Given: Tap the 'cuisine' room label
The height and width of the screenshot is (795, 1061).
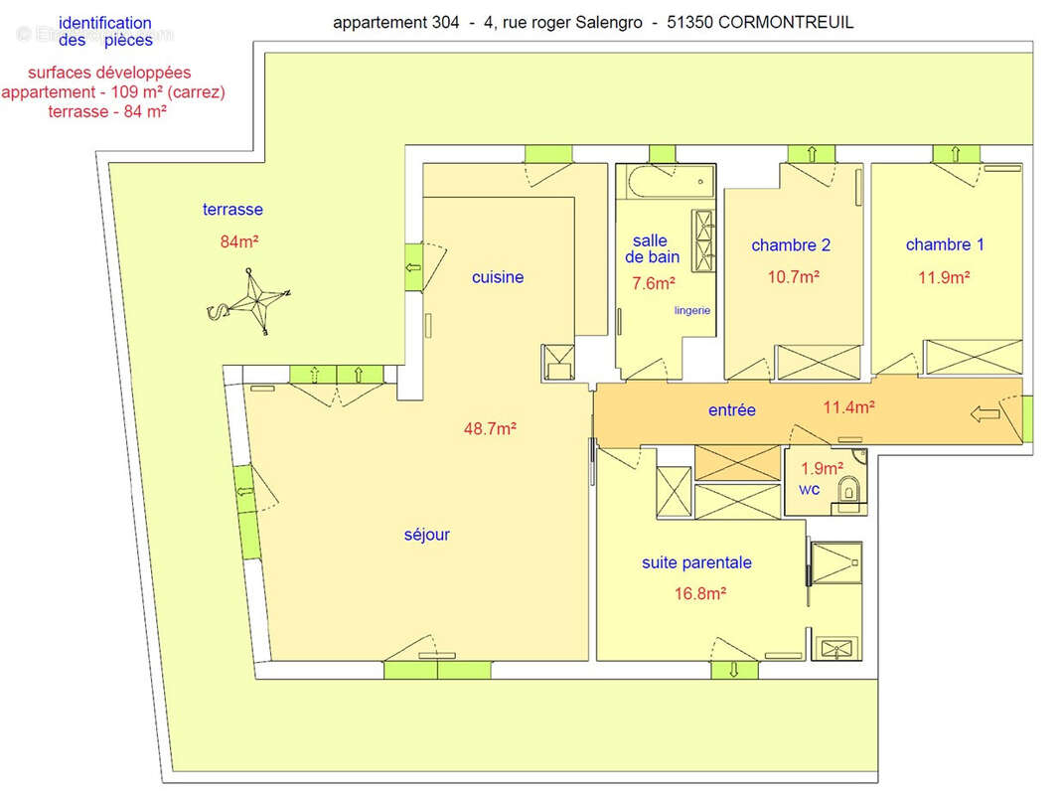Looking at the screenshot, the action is [x=498, y=276].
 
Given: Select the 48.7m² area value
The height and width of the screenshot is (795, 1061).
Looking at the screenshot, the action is [x=490, y=428].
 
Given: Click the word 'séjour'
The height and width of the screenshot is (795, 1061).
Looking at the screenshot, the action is [x=427, y=535].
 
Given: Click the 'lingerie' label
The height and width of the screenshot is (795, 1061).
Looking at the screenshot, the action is [x=692, y=311].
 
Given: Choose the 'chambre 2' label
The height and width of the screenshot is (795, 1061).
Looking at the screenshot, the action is [x=791, y=244].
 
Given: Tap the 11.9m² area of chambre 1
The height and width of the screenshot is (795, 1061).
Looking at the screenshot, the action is [x=944, y=276].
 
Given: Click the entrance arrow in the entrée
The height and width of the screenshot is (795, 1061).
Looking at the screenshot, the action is [x=985, y=413].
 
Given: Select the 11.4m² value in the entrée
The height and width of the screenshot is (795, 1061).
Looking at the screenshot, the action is [x=848, y=407].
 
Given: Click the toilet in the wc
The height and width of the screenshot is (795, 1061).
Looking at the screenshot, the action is [x=848, y=489].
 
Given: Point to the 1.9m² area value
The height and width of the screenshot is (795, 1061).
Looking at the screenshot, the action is [x=823, y=468].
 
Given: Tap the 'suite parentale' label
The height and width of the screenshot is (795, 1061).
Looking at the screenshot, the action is [x=696, y=562].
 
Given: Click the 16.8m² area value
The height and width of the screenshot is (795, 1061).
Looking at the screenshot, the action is [x=699, y=593].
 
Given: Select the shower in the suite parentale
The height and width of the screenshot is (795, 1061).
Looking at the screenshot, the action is [x=836, y=562].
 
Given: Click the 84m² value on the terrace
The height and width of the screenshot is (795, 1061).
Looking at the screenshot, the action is [x=239, y=241].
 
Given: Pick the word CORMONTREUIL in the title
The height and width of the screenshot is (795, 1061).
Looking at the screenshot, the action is [x=786, y=22].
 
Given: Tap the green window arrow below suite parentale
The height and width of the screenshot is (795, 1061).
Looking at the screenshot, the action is [x=734, y=670].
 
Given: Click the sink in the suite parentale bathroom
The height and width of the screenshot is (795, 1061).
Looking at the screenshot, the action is [x=837, y=648].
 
